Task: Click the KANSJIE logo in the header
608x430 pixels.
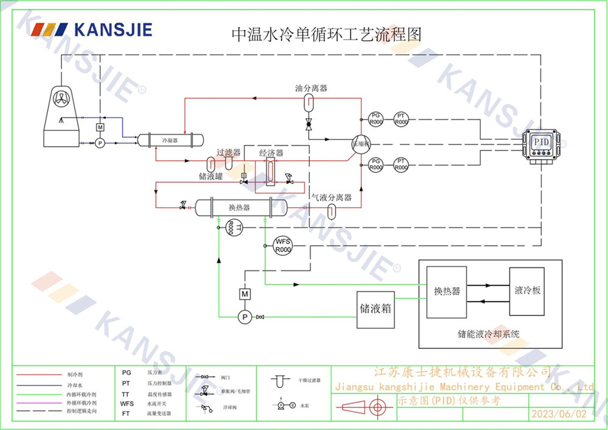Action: click(92, 29)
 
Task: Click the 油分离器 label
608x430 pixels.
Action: click(311, 88)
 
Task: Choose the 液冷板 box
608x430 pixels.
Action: click(527, 291)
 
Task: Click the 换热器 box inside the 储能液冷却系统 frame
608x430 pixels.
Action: click(447, 292)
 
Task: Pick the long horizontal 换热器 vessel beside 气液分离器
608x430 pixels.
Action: click(240, 208)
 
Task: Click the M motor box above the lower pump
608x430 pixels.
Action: click(245, 294)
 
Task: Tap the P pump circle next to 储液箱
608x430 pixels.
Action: click(245, 317)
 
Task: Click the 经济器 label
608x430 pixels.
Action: click(271, 153)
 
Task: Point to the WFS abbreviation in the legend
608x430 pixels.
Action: click(127, 403)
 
